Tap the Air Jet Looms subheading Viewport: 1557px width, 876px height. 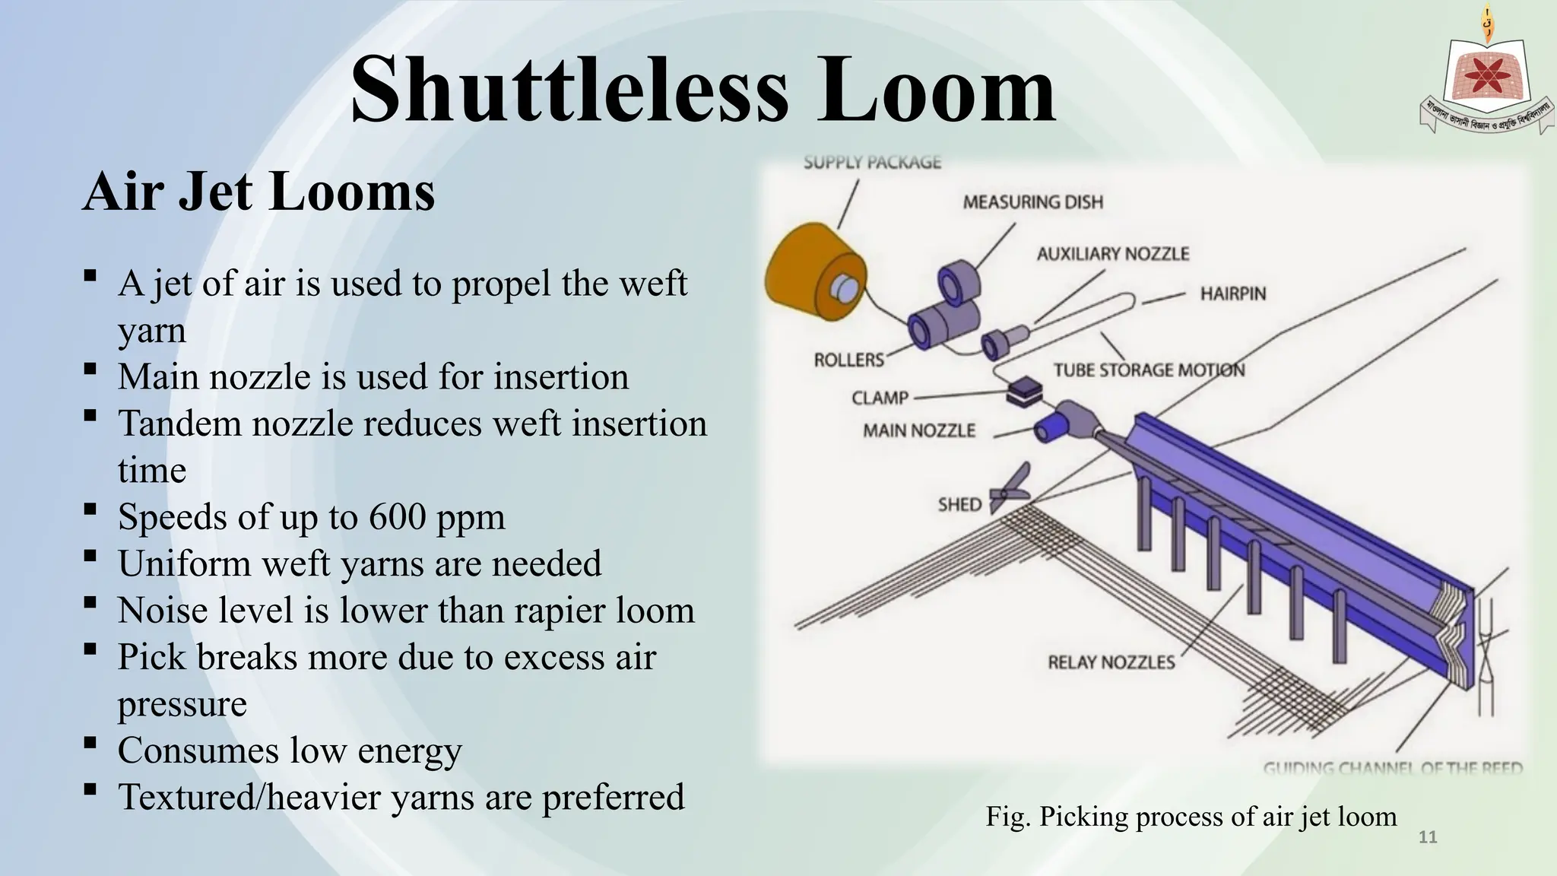tap(258, 192)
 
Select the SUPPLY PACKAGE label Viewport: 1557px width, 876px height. tap(872, 162)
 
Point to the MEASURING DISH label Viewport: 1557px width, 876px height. tap(1032, 202)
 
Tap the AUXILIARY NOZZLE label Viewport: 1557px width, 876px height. tap(1112, 254)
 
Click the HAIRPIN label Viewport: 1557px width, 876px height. tap(1232, 294)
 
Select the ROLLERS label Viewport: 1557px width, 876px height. tap(848, 360)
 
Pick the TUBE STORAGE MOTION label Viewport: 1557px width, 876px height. tap(1149, 370)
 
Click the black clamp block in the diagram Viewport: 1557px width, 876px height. tap(1024, 392)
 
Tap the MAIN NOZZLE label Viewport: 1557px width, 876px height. tap(918, 431)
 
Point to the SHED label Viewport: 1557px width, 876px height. tap(959, 505)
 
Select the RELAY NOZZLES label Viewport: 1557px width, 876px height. tap(1111, 662)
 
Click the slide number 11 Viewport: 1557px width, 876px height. tap(1428, 837)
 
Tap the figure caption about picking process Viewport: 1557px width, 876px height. tap(1191, 817)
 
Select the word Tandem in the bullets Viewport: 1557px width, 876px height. tap(179, 424)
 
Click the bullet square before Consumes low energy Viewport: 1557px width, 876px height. tap(90, 741)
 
